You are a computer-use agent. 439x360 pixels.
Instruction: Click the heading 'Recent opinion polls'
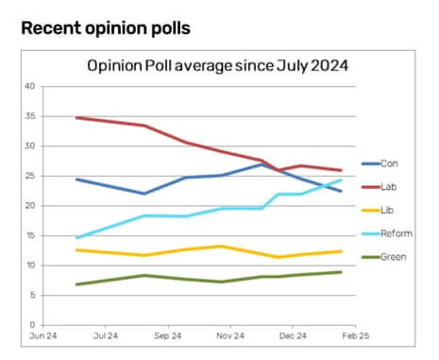pyautogui.click(x=105, y=28)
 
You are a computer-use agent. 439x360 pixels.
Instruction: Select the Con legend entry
pyautogui.click(x=388, y=163)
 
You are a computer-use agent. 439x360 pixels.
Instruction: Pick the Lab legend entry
pyautogui.click(x=388, y=187)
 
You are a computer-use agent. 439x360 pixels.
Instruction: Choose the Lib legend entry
pyautogui.click(x=387, y=210)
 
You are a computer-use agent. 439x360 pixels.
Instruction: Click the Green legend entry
pyautogui.click(x=391, y=255)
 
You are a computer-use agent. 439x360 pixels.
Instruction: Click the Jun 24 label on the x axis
pyautogui.click(x=43, y=335)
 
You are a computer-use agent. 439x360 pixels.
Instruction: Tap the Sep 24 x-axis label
pyautogui.click(x=167, y=335)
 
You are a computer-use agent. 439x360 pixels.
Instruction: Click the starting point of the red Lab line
pyautogui.click(x=76, y=118)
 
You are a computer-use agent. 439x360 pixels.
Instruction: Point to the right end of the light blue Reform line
pyautogui.click(x=342, y=180)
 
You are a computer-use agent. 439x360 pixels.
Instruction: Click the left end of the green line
pyautogui.click(x=76, y=284)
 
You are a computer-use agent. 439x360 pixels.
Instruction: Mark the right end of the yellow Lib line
pyautogui.click(x=342, y=251)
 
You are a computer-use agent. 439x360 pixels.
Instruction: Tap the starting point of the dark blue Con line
pyautogui.click(x=76, y=179)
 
